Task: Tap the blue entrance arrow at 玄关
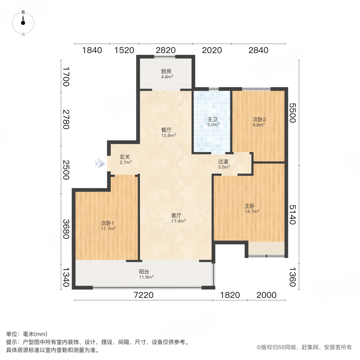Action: (x=98, y=163)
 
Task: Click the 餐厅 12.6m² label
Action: (x=166, y=132)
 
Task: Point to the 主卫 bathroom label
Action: (x=213, y=122)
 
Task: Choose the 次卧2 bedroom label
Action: (x=259, y=122)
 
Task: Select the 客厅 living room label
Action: (x=177, y=218)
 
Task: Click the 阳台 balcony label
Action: (x=146, y=274)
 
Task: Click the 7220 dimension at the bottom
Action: (x=144, y=295)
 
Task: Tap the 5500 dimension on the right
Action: (x=292, y=113)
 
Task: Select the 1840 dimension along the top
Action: (x=92, y=50)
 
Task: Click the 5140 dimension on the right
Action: (x=292, y=214)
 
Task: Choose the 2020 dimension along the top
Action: (x=212, y=50)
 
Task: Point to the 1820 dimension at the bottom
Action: (x=230, y=295)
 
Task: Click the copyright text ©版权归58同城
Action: (x=304, y=348)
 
